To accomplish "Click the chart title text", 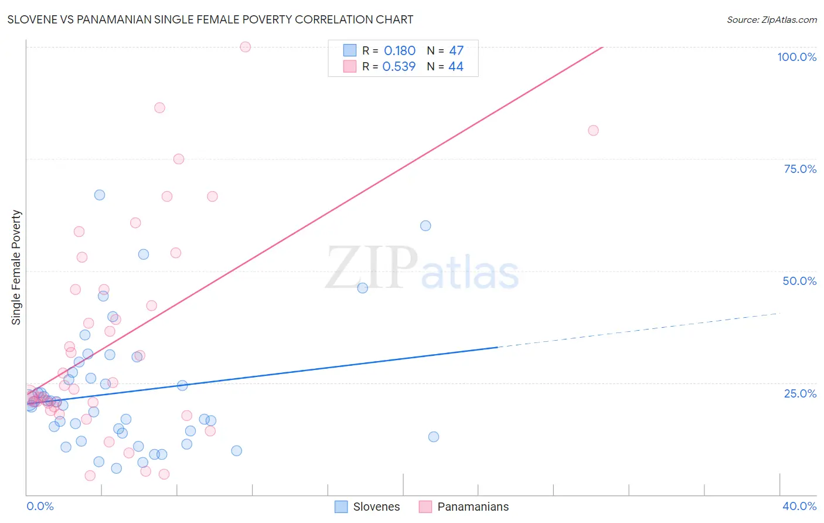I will coord(210,20).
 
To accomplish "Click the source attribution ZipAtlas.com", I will coord(771,20).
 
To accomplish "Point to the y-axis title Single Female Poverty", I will coord(16,267).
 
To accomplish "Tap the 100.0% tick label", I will coord(796,57).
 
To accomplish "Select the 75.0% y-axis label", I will coord(800,169).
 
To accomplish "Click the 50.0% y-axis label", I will coord(799,281).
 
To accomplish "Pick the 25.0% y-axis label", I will coord(800,393).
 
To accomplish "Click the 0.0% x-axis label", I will coord(40,506).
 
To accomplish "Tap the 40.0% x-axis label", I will coord(799,506).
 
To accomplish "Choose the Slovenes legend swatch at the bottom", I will coord(341,507).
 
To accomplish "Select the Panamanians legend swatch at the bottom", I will coord(425,507).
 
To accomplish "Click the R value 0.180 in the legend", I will coord(400,51).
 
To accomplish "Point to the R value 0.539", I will coord(399,67).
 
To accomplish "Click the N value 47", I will coord(456,51).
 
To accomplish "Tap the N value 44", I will coord(456,67).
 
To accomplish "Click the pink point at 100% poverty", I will coord(246,47).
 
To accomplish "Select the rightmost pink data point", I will coord(593,131).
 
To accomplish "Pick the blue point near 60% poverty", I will coord(425,226).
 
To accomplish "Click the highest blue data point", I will coord(100,195).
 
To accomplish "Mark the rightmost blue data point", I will coord(434,437).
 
